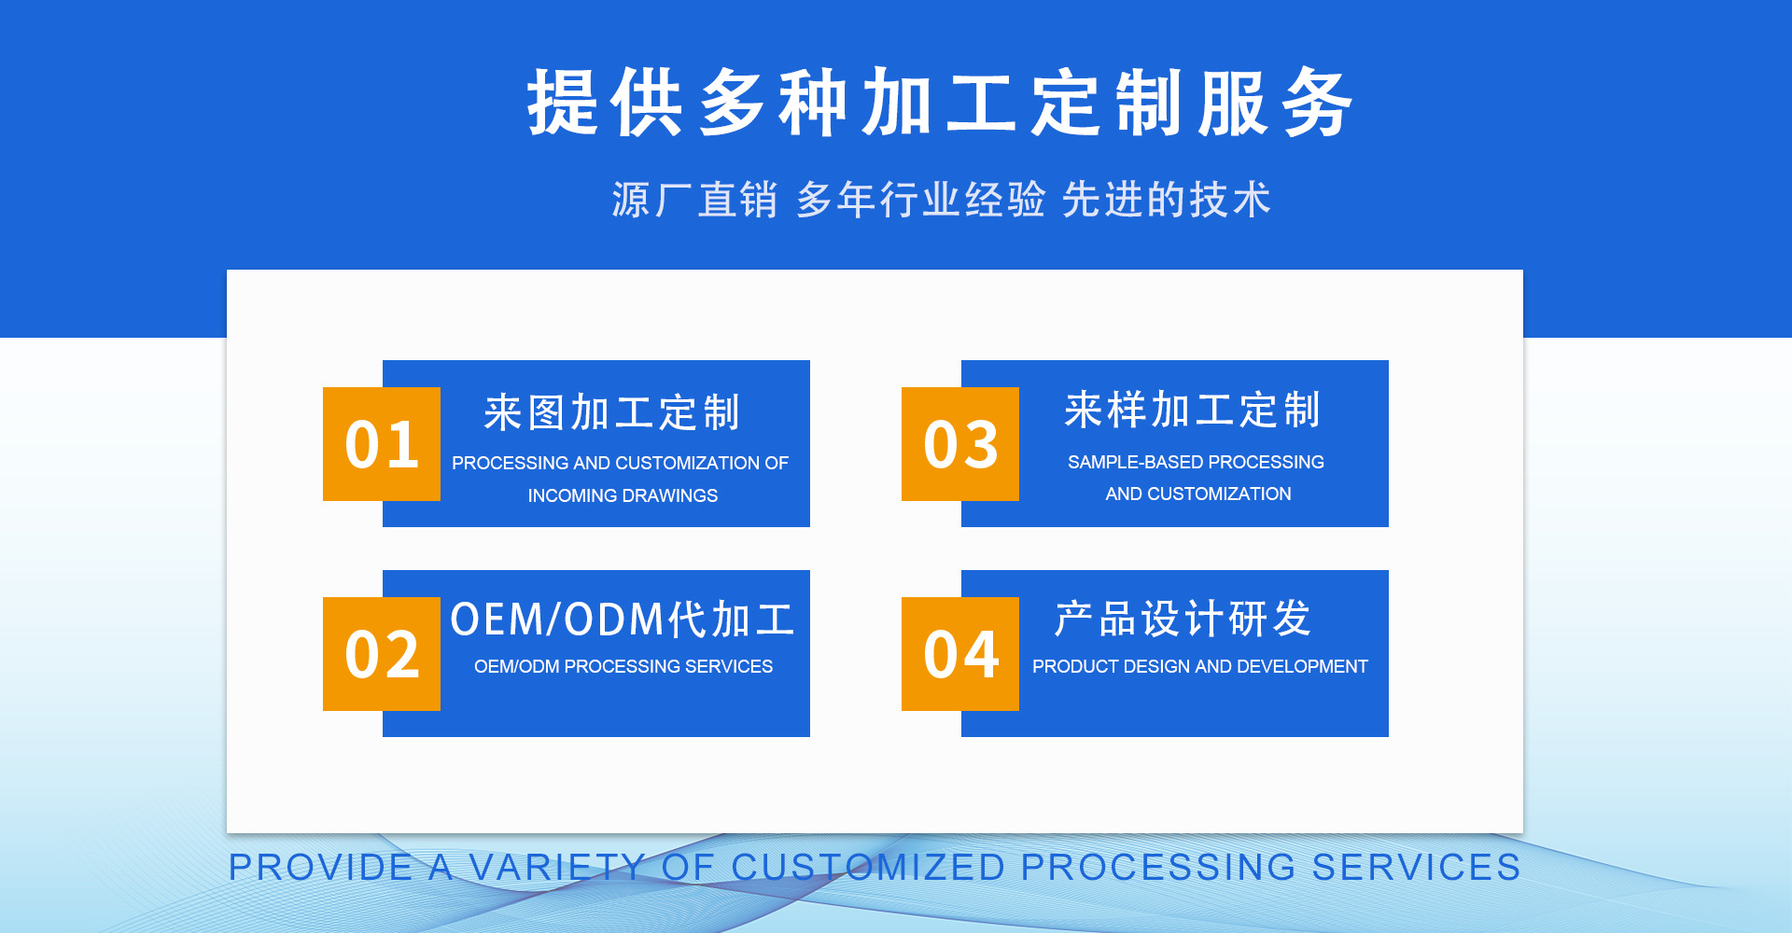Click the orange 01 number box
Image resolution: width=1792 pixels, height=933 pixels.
click(x=382, y=444)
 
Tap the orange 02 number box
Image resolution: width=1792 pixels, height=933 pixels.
click(x=382, y=654)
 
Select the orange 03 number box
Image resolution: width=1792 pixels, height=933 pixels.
click(x=960, y=444)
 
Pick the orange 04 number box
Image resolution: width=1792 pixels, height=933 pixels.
click(x=960, y=654)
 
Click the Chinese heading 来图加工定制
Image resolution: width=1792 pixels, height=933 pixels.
click(x=612, y=412)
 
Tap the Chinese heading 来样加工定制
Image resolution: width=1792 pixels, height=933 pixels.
click(x=1192, y=411)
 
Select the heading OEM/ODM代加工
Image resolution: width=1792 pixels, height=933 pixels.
click(x=623, y=620)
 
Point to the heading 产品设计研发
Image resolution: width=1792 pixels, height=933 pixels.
click(x=1183, y=620)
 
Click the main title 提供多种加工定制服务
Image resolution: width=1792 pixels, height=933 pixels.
click(x=940, y=103)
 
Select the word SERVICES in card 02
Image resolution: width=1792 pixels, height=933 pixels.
click(x=728, y=666)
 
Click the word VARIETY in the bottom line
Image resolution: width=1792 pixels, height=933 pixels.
click(x=556, y=867)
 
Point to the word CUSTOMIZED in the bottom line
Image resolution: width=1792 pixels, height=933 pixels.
click(x=868, y=867)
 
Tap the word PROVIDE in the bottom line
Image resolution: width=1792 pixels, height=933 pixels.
click(x=321, y=867)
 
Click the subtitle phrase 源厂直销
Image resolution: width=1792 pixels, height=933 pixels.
click(x=695, y=200)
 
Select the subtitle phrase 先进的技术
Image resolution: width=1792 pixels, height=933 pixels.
click(x=1167, y=200)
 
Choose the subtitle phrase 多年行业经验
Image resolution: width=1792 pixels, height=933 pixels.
click(x=920, y=200)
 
